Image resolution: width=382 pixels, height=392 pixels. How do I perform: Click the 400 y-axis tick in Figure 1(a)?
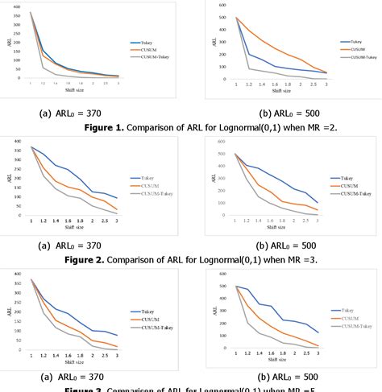point(17,6)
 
